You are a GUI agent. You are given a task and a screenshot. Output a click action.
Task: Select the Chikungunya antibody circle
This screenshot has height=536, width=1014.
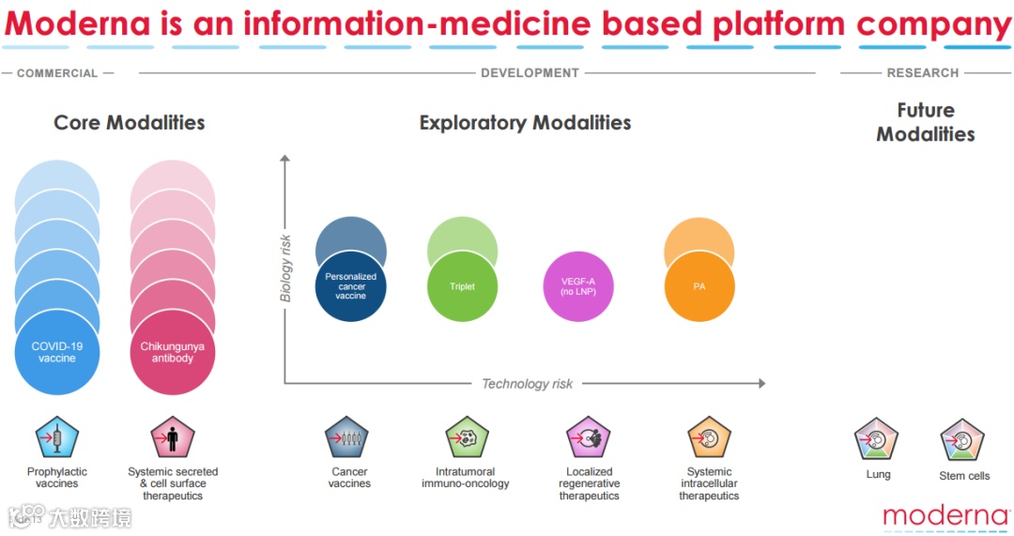(173, 354)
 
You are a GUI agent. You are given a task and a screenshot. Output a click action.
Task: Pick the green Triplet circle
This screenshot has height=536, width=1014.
(462, 286)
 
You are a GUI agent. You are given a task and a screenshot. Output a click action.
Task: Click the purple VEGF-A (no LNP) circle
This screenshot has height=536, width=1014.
(579, 286)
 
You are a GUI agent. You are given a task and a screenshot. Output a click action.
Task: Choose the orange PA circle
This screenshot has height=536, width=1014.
(699, 286)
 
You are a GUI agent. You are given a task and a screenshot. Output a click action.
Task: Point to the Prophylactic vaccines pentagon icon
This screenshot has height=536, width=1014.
(57, 437)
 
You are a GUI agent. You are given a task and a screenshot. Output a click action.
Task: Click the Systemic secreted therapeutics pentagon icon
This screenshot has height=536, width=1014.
(173, 437)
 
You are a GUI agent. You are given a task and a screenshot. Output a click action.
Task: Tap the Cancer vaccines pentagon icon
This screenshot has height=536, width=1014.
(347, 437)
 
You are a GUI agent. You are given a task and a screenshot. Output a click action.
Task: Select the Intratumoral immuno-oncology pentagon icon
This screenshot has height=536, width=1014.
(467, 437)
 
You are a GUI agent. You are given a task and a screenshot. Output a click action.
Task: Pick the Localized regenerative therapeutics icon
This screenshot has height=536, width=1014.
(589, 437)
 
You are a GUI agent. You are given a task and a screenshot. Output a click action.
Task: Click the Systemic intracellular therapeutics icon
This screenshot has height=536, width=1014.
(709, 437)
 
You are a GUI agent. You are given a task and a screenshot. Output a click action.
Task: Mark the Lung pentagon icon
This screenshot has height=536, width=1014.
(877, 439)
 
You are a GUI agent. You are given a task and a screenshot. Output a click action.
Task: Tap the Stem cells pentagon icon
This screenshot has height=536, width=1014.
(962, 440)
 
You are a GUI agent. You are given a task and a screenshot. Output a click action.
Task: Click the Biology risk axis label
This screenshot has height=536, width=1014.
(286, 268)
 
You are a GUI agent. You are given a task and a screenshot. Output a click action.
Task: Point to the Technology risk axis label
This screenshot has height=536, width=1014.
(527, 383)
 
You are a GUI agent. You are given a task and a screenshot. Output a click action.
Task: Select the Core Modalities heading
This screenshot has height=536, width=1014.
(129, 123)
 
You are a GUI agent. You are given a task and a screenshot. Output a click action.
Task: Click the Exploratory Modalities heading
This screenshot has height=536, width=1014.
(525, 123)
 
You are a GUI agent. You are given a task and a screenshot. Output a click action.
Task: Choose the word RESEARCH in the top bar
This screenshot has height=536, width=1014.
(923, 73)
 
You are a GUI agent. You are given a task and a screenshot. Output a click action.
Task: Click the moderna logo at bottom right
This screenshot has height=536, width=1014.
(945, 514)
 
